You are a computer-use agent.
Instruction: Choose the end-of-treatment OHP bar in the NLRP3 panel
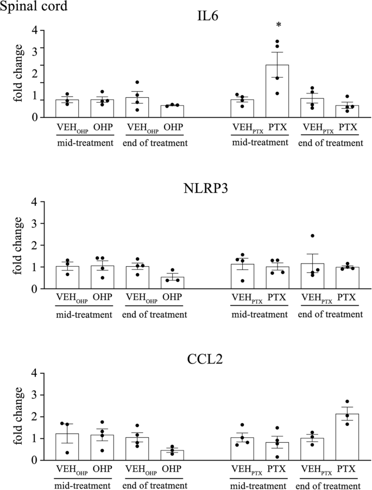[x=172, y=282]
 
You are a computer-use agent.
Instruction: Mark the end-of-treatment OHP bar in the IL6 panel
[x=172, y=111]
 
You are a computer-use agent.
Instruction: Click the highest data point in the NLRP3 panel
[x=313, y=236]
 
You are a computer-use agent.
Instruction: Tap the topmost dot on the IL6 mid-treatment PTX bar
[x=278, y=42]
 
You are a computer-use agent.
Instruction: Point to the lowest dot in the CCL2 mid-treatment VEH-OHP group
[x=67, y=452]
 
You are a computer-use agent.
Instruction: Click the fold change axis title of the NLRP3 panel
[x=18, y=246]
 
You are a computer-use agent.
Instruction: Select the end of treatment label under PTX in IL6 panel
[x=330, y=143]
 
